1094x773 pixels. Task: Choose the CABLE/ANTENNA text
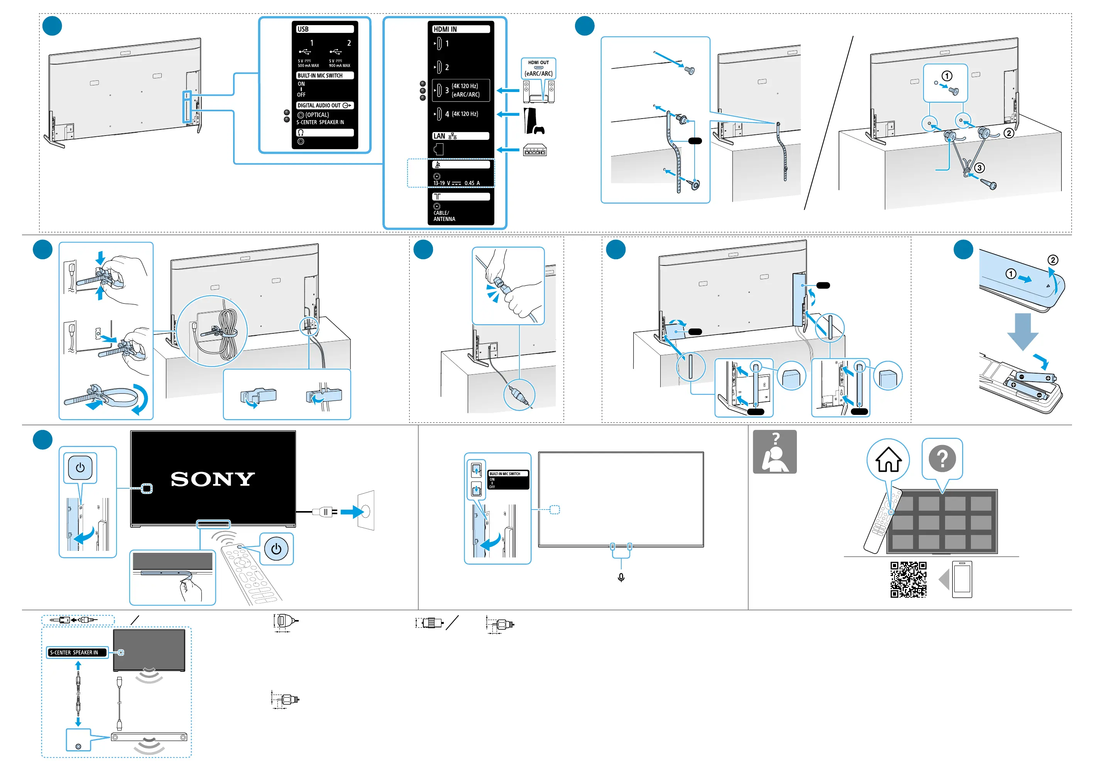pos(444,216)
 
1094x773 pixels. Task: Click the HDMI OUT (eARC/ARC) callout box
pos(538,68)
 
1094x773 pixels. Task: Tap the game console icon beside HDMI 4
pos(533,121)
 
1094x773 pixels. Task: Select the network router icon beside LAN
pos(534,150)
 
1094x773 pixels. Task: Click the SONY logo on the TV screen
pos(213,479)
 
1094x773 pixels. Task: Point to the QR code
pos(908,579)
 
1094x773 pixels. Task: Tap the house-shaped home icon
pos(888,460)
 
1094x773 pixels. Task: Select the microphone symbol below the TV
pos(621,578)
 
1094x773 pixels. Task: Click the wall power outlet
pos(366,511)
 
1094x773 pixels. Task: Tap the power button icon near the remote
pos(276,549)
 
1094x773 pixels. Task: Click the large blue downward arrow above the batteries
pos(1023,331)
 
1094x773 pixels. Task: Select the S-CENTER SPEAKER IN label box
pos(77,652)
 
